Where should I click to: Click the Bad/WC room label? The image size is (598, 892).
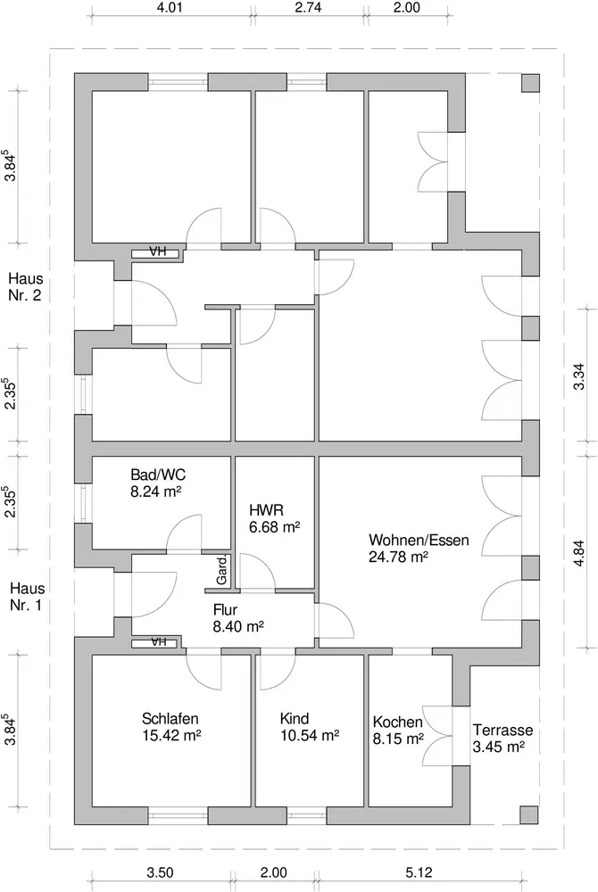158,475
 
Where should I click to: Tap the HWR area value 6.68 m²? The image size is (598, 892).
274,527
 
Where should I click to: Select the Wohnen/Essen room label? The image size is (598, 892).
419,540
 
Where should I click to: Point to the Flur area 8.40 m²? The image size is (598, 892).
238,626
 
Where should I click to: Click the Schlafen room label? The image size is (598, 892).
170,718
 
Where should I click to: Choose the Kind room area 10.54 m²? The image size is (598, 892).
310,736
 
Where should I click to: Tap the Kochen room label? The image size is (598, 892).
398,722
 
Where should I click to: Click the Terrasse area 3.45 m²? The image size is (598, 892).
498,747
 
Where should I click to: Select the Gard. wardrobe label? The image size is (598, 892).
221,571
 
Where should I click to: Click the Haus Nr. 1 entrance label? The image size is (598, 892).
26,596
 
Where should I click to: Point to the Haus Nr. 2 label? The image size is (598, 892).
26,286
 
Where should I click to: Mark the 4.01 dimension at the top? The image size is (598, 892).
170,7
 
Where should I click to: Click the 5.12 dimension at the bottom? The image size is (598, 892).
419,872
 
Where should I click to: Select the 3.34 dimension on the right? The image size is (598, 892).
578,377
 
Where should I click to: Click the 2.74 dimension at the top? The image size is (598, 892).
308,7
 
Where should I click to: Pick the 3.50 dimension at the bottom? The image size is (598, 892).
160,872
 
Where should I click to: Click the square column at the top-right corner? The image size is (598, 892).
530,83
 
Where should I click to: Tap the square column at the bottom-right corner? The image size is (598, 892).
529,815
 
